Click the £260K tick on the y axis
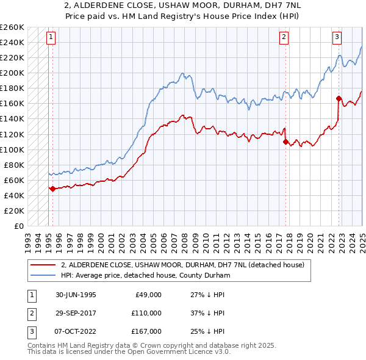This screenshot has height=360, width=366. (x=12, y=27)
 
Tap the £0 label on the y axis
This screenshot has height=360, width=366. (x=18, y=226)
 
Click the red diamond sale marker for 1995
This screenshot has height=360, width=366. (x=52, y=189)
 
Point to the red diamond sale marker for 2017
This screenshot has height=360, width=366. (x=285, y=142)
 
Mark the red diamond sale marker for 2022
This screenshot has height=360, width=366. (x=339, y=98)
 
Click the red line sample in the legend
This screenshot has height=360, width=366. (x=43, y=265)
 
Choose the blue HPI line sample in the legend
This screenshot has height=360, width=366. (x=43, y=275)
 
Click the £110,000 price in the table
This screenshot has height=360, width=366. (x=147, y=313)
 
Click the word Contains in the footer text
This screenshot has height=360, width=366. (x=43, y=345)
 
